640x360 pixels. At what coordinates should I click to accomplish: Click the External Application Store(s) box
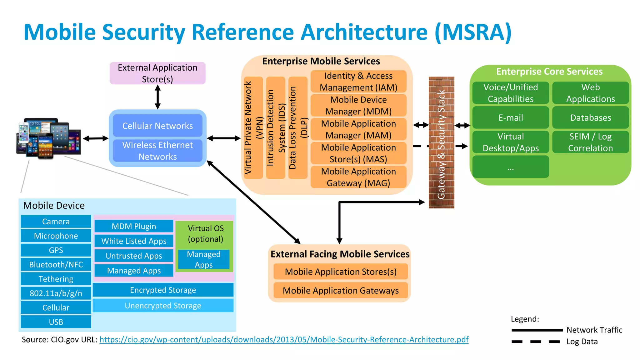pos(157,73)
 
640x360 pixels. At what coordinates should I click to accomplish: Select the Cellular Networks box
pos(157,126)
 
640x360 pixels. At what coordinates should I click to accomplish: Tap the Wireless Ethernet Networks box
pos(157,151)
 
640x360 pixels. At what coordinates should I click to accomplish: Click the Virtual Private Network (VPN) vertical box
pos(253,127)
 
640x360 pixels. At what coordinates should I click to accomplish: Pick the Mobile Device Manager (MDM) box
pos(358,105)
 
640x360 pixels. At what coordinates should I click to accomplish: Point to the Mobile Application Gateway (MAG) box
pos(358,177)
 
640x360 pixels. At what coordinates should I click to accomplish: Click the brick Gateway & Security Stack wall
pos(441,142)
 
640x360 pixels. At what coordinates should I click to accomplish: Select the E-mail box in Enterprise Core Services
pos(511,117)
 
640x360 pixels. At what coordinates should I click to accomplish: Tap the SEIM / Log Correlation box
pos(590,142)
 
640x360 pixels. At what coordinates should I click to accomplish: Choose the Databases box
pos(590,117)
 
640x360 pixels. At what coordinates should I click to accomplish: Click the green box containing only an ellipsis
pos(511,167)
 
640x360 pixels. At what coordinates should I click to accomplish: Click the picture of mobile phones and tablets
pos(48,138)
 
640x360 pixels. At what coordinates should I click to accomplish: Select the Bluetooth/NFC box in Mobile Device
pos(56,264)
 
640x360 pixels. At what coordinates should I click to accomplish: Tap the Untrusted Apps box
pos(134,256)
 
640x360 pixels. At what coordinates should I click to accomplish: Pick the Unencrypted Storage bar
pos(163,305)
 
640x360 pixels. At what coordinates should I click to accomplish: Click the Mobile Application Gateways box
pos(341,290)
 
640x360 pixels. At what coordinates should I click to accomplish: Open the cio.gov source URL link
pos(284,340)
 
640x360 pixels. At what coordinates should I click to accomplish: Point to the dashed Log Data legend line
pos(536,342)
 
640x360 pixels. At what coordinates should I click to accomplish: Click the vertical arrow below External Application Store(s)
pos(158,97)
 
